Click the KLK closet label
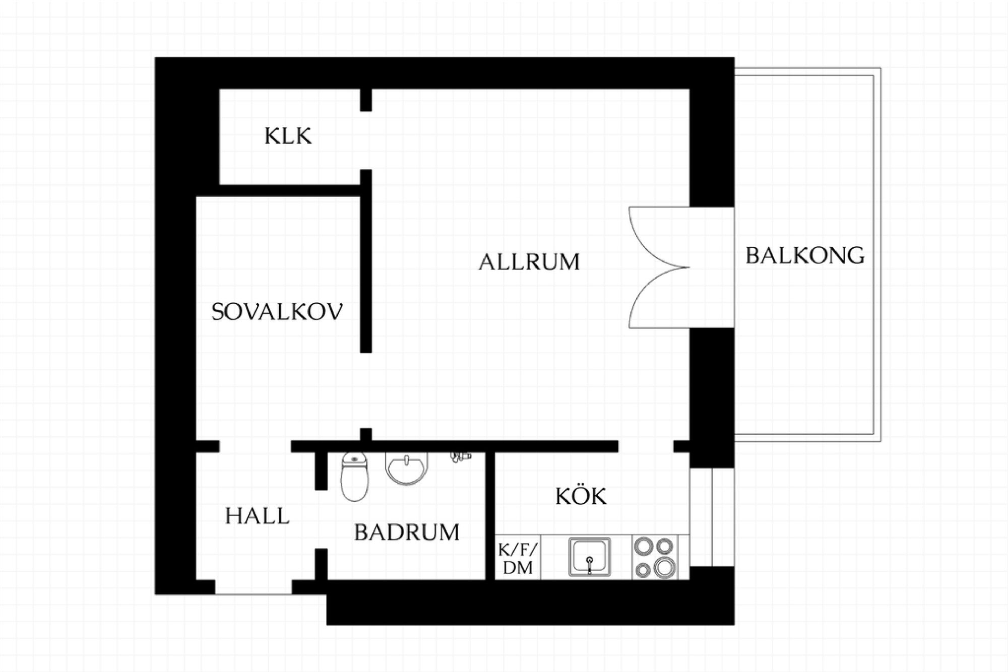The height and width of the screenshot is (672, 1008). tap(288, 136)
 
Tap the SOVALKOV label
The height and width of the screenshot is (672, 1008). tap(277, 312)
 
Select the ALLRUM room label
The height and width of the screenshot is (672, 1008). tap(529, 262)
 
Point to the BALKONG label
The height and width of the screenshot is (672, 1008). tap(805, 255)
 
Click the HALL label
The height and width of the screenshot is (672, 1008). tap(257, 516)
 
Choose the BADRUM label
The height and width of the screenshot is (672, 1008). tap(407, 532)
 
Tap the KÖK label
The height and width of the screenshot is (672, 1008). tap(581, 496)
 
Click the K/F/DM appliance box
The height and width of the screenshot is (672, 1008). tap(518, 558)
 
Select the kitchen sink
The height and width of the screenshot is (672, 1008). tap(589, 557)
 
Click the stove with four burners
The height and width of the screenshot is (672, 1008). tap(655, 557)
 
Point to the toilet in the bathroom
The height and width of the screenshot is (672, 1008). tap(354, 477)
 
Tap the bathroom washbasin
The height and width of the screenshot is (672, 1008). tap(406, 468)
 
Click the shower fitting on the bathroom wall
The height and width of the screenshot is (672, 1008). tap(460, 457)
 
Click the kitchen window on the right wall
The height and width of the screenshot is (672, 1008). tap(712, 517)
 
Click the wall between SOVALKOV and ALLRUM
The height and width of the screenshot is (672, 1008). tap(366, 261)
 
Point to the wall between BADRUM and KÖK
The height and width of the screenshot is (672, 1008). tap(490, 516)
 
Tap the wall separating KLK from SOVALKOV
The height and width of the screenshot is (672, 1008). tap(290, 190)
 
